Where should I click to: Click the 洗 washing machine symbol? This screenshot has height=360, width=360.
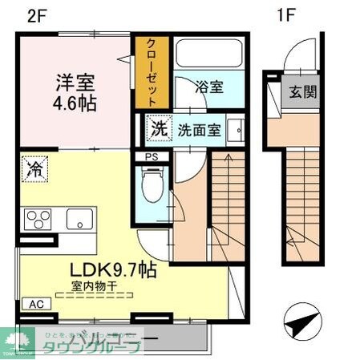pyautogui.click(x=159, y=127)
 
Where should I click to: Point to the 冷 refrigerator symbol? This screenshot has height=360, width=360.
pyautogui.click(x=35, y=168)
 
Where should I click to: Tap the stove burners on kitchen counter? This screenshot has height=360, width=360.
pyautogui.click(x=38, y=219)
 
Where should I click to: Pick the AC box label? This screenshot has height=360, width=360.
pyautogui.click(x=36, y=305)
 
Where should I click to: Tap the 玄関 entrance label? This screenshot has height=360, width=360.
pyautogui.click(x=303, y=91)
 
